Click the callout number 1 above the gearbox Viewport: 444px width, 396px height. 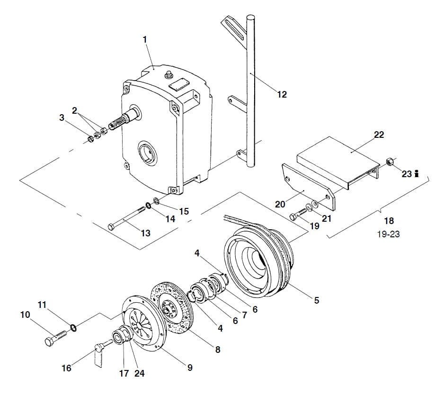click(x=145, y=40)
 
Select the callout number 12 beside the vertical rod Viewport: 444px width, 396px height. click(x=282, y=94)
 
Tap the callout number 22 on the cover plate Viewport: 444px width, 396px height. click(x=379, y=135)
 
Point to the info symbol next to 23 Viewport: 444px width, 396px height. click(x=417, y=174)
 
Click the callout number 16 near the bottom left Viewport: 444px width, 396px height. click(x=67, y=368)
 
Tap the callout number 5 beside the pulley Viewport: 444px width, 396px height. click(x=317, y=300)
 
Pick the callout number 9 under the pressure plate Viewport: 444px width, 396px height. click(x=190, y=367)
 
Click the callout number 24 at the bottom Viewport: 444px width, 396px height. click(x=139, y=373)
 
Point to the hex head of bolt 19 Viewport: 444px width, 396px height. click(x=293, y=217)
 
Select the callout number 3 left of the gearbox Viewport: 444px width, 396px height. click(x=62, y=117)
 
